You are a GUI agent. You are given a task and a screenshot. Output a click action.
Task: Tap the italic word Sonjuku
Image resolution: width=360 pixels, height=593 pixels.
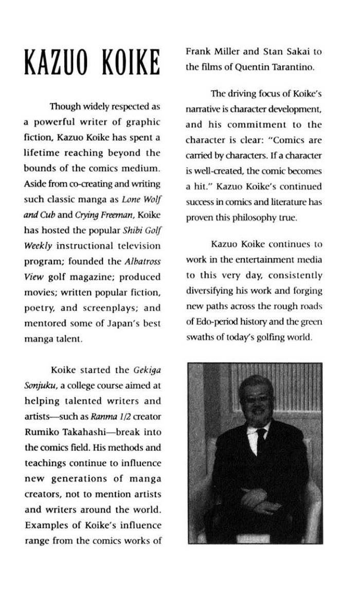[x=39, y=385]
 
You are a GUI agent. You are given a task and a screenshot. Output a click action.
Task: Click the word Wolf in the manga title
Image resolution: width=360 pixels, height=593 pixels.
[x=150, y=200]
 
